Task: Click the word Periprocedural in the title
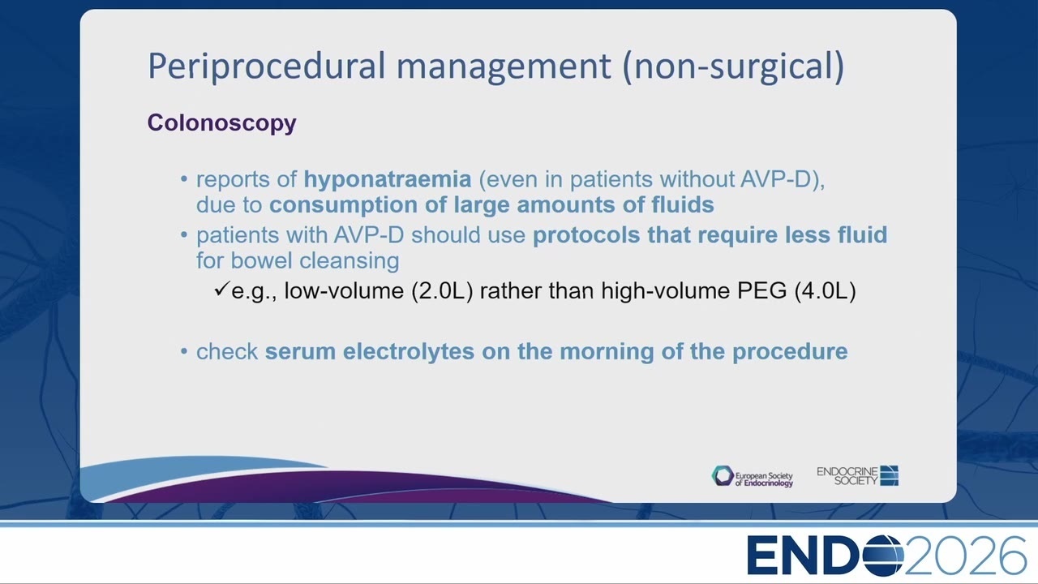(x=267, y=67)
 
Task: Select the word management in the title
(x=504, y=67)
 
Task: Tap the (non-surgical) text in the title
(x=734, y=67)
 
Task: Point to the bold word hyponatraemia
(x=388, y=180)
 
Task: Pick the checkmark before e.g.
(x=222, y=290)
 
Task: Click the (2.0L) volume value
(x=442, y=291)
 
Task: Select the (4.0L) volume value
(x=825, y=291)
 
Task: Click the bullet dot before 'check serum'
(x=184, y=351)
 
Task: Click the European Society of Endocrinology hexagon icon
(x=723, y=476)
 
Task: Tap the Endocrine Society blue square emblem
(x=890, y=475)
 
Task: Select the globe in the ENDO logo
(x=883, y=556)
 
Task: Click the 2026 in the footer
(x=965, y=556)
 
